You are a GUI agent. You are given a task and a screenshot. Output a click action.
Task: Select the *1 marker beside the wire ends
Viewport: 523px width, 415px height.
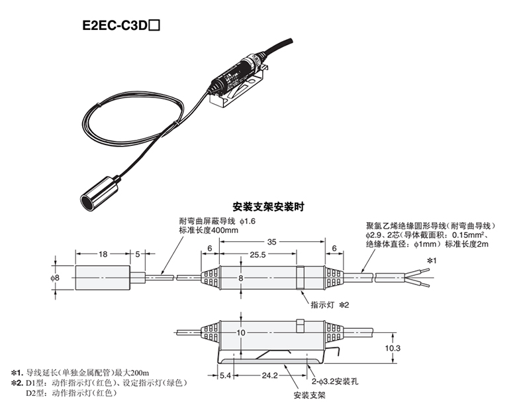pos(432,261)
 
